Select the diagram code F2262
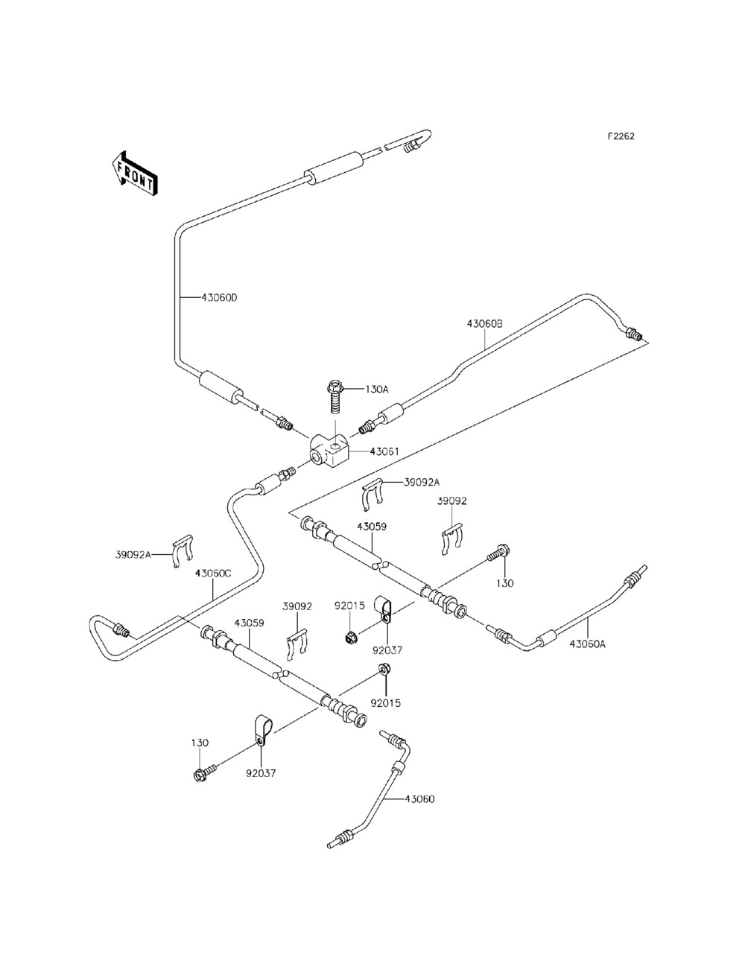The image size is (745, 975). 621,136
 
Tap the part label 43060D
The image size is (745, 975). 219,298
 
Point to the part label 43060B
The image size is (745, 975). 485,324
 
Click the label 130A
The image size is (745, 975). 377,390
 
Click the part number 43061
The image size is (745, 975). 384,451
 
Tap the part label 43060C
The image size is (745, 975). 213,574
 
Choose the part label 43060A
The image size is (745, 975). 588,644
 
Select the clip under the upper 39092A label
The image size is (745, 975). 372,495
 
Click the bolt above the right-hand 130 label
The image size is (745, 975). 498,553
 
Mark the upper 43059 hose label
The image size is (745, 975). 372,527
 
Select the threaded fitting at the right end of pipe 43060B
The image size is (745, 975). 633,333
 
